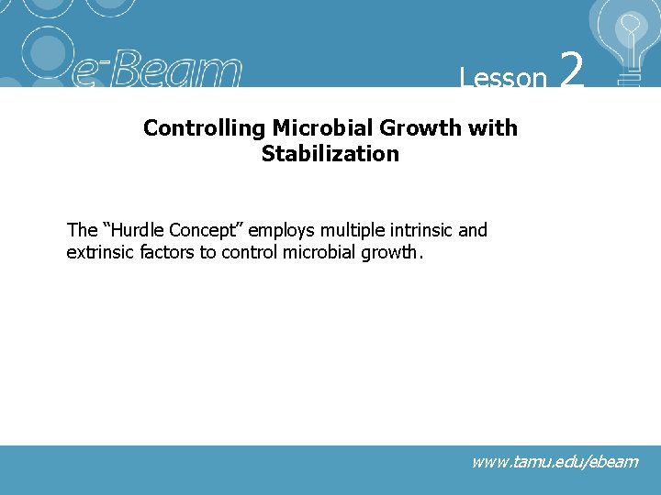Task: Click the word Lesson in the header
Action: [x=503, y=77]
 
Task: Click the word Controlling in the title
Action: [x=204, y=128]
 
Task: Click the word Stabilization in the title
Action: [x=330, y=154]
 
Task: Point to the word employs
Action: [x=281, y=230]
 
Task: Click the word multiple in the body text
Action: [x=350, y=230]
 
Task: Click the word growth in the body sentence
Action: [x=391, y=252]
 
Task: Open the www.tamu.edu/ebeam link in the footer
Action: [x=555, y=462]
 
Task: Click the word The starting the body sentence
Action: [x=82, y=230]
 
